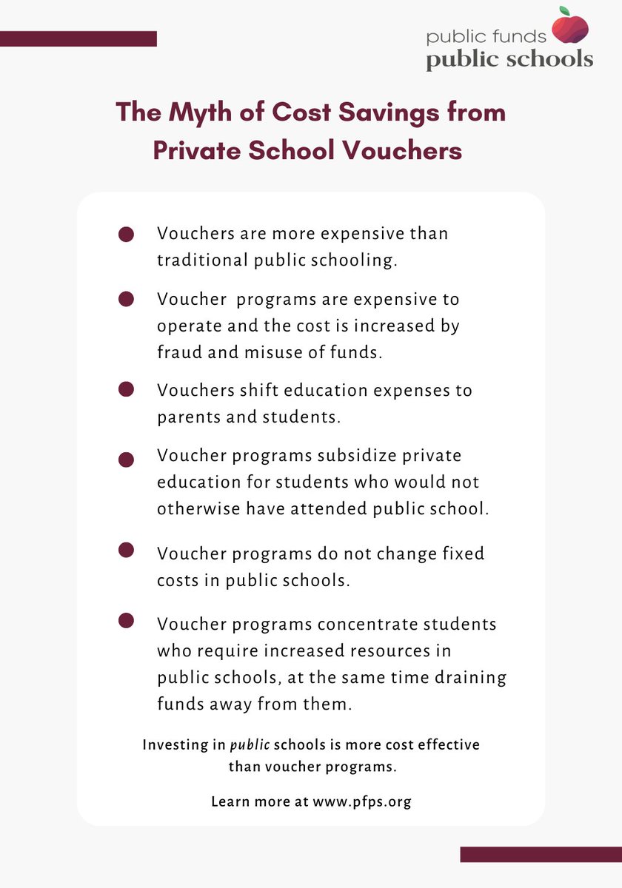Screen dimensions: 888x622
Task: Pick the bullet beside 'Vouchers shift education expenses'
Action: coord(126,390)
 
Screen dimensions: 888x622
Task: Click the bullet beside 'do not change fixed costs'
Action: coord(126,550)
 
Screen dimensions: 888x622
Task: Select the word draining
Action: coord(470,677)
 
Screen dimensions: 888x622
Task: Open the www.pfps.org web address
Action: coord(361,801)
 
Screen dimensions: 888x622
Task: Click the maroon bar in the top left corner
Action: coord(78,38)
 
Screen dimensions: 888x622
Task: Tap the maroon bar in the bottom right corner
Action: coord(541,854)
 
